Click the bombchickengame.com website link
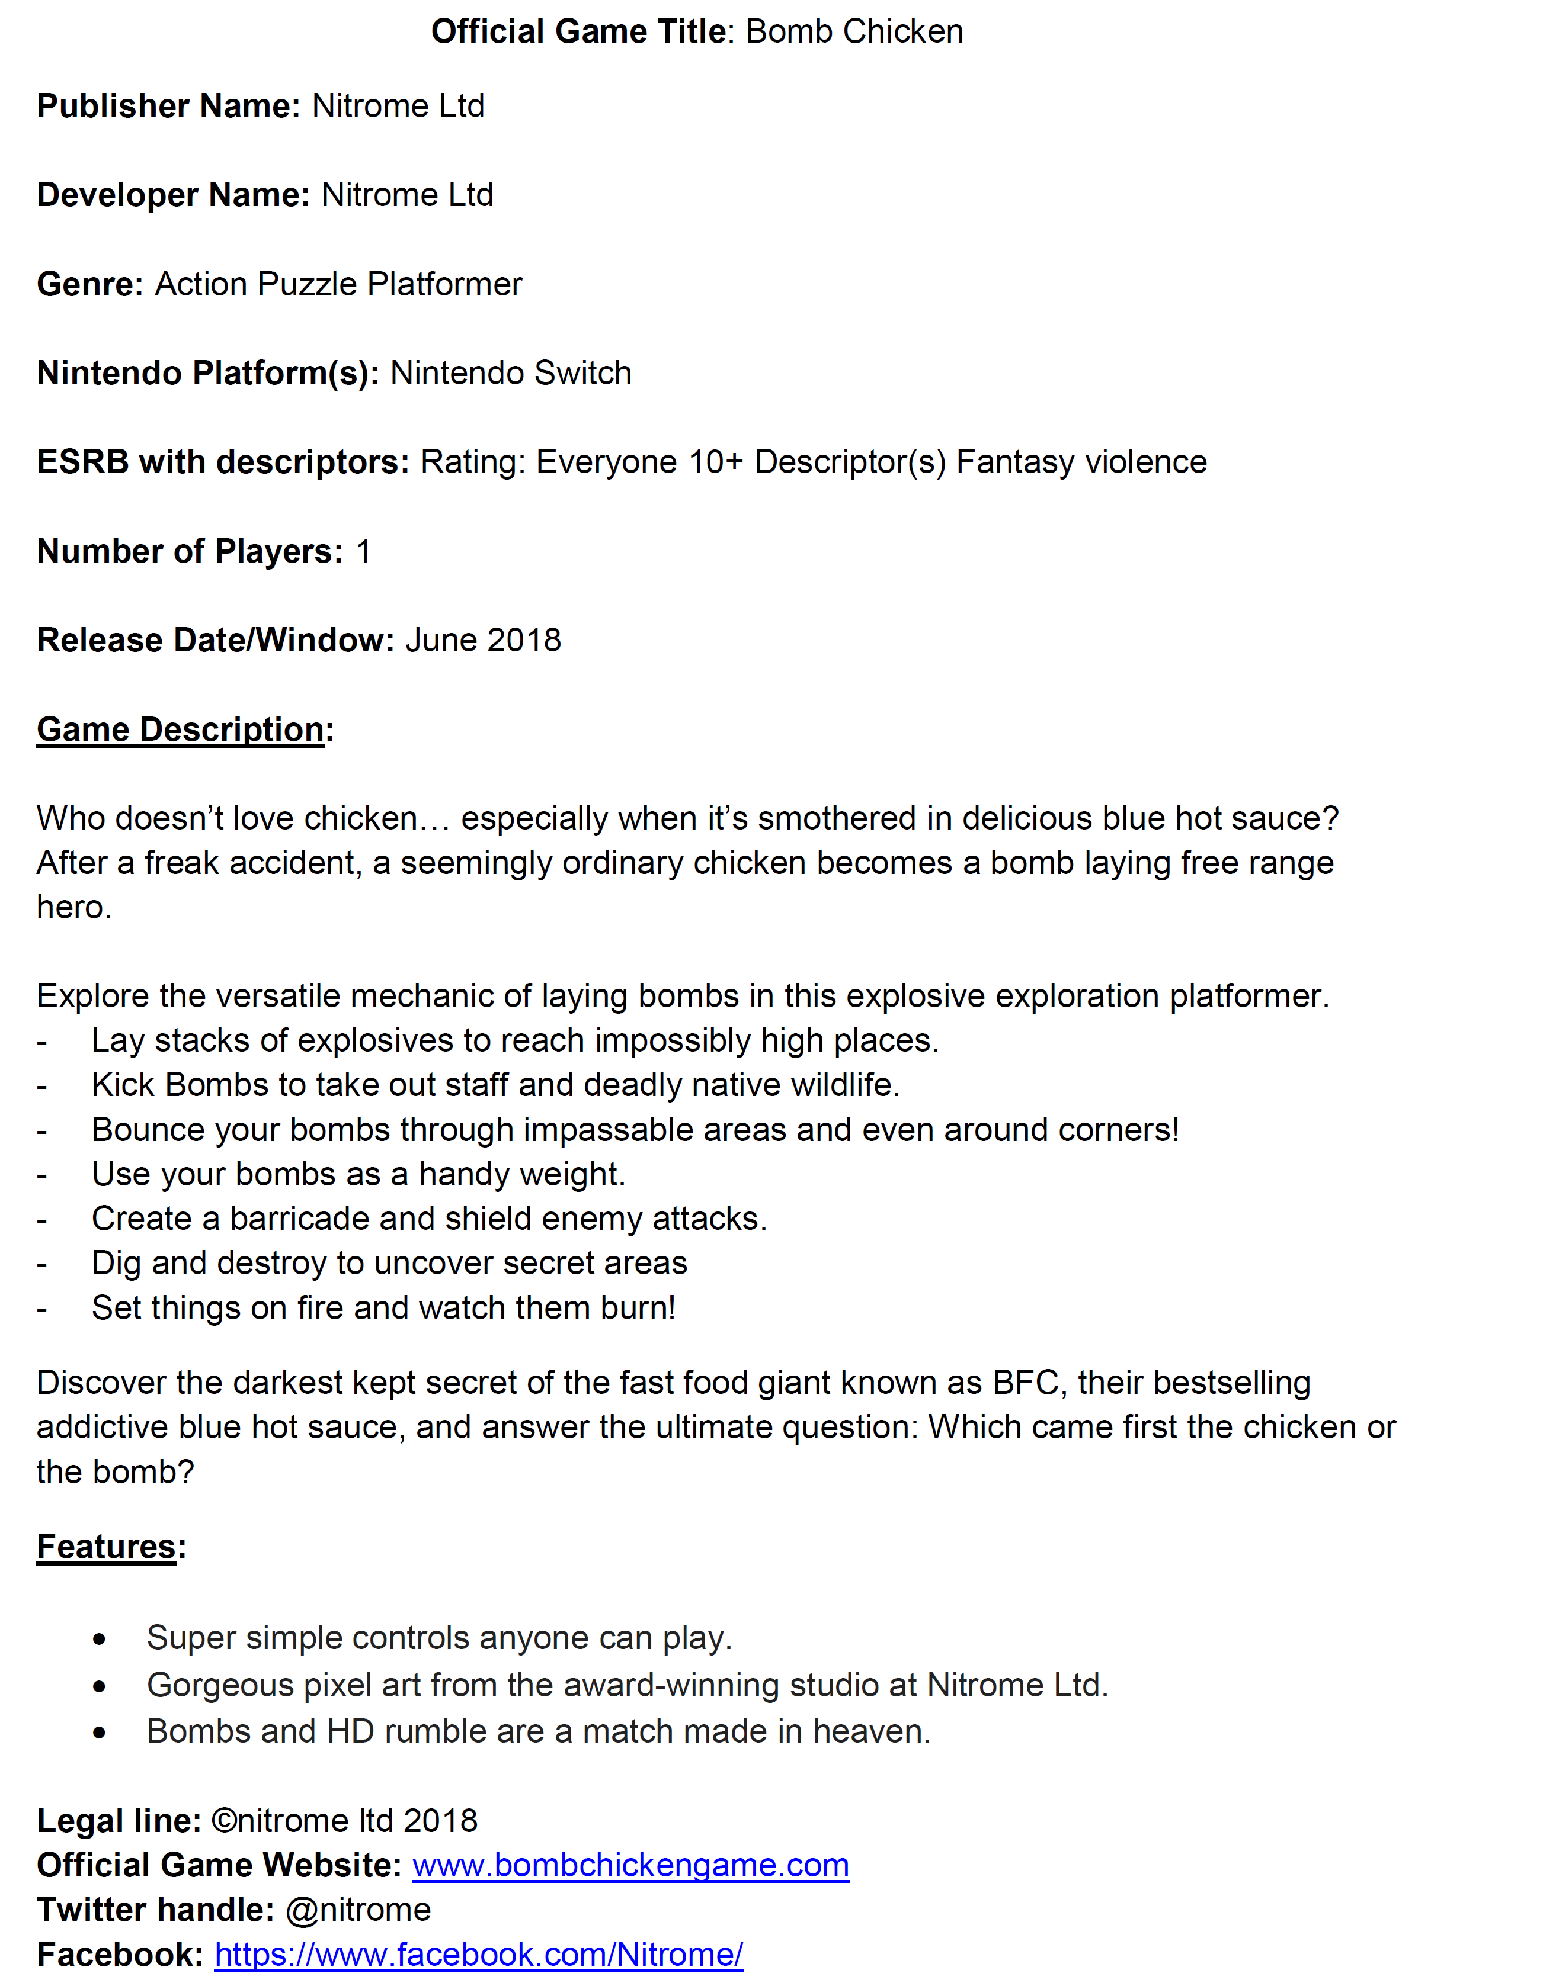[630, 1865]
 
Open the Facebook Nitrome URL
[479, 1954]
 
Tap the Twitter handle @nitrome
[358, 1910]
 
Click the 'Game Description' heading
[180, 730]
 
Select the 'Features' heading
[107, 1547]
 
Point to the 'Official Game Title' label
[578, 32]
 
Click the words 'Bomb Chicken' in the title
[854, 32]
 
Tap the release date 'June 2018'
[483, 640]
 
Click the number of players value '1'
[363, 552]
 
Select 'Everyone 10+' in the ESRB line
[639, 462]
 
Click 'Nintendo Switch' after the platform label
[510, 374]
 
